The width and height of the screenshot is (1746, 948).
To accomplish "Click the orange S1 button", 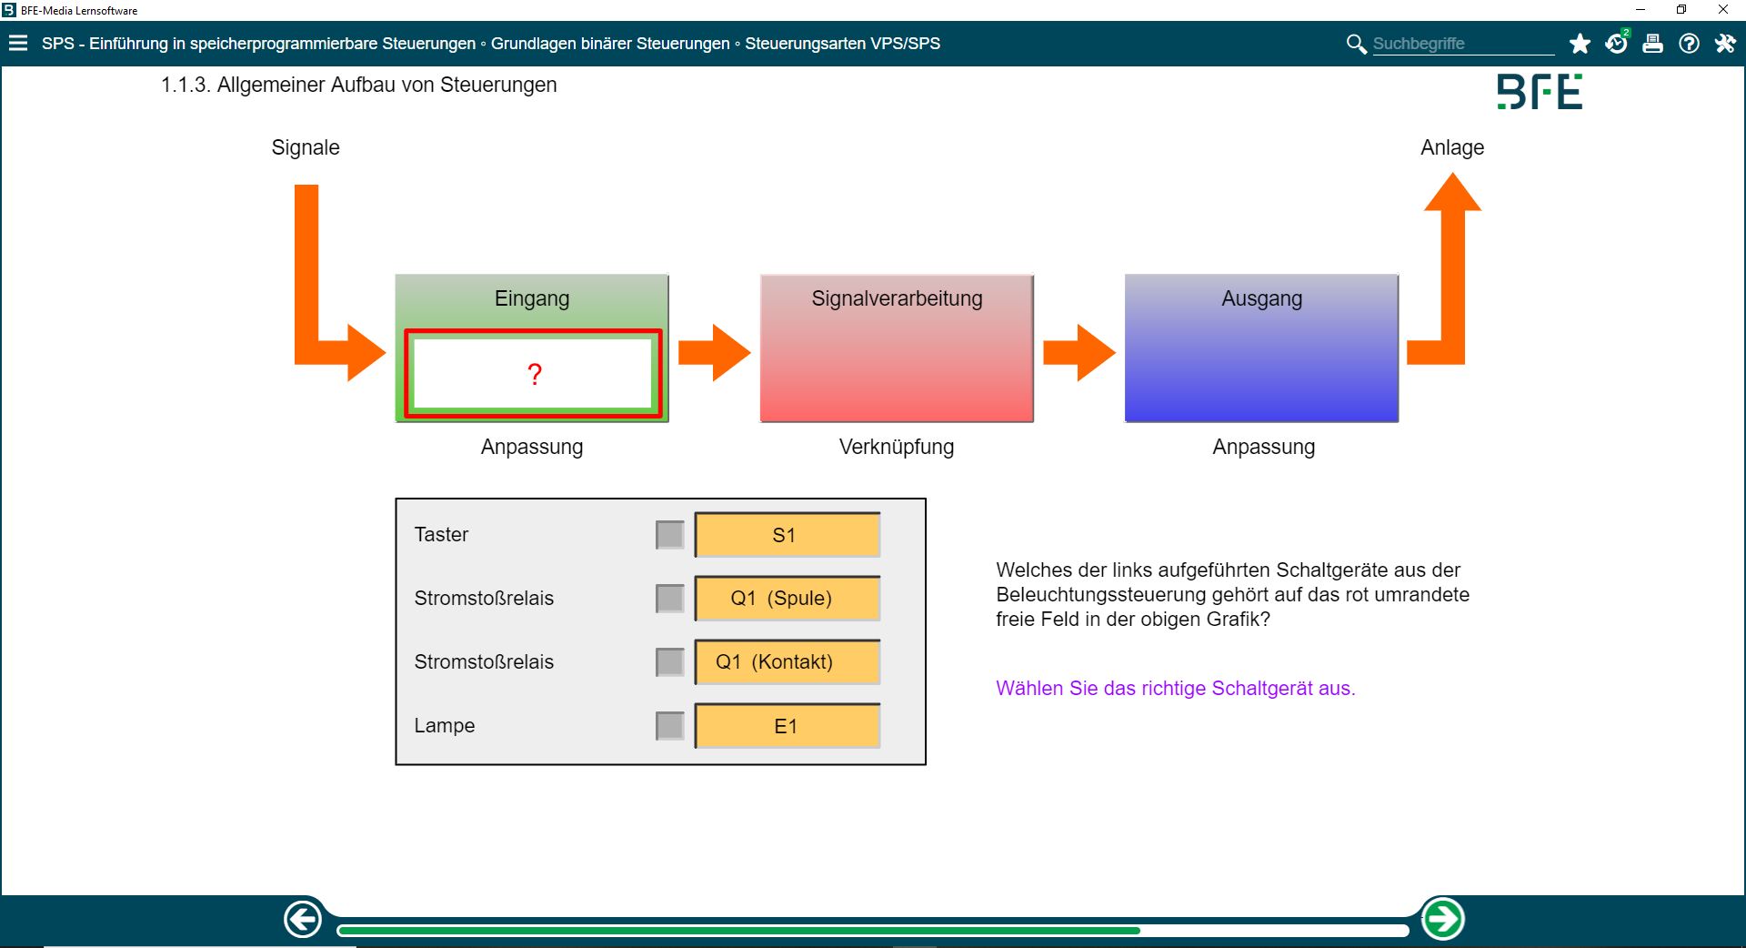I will tap(787, 535).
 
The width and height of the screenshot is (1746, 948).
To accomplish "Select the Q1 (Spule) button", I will tap(787, 599).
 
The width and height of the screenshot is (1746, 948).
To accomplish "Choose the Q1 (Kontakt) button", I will tap(787, 662).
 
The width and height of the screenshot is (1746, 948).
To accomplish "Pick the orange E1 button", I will tap(787, 726).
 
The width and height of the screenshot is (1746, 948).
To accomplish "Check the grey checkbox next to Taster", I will tap(670, 535).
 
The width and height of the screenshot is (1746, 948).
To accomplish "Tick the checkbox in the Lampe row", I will tap(670, 726).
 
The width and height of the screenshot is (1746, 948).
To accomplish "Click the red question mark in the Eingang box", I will tap(535, 374).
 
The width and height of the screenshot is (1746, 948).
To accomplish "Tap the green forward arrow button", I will tap(1442, 919).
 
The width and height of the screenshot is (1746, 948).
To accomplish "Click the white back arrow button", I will tap(303, 919).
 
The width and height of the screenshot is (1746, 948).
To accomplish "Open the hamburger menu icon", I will tap(18, 44).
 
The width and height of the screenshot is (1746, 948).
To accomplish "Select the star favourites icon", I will tap(1580, 44).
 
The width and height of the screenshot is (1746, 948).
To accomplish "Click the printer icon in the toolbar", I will tap(1652, 44).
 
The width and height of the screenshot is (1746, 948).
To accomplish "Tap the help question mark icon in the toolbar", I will tap(1689, 44).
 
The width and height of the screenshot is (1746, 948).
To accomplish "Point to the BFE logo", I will tap(1540, 92).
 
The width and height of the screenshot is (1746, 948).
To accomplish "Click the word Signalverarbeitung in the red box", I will tap(897, 298).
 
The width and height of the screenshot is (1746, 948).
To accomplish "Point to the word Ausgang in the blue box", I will tap(1261, 298).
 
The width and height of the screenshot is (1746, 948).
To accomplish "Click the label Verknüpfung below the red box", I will tap(897, 447).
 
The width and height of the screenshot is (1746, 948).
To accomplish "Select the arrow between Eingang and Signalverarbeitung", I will tap(715, 352).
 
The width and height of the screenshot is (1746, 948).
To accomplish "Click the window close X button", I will tap(1722, 10).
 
